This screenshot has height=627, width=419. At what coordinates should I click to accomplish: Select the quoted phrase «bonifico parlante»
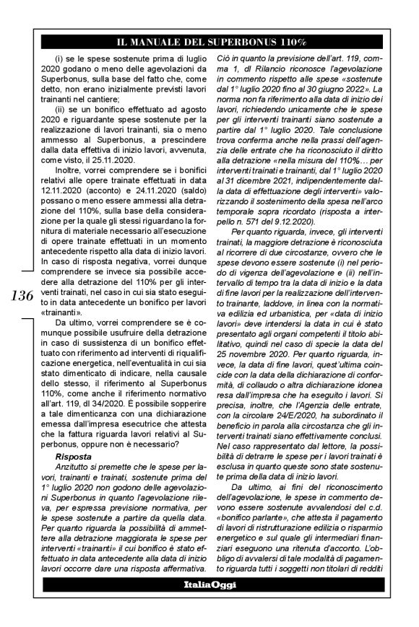(249, 532)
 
